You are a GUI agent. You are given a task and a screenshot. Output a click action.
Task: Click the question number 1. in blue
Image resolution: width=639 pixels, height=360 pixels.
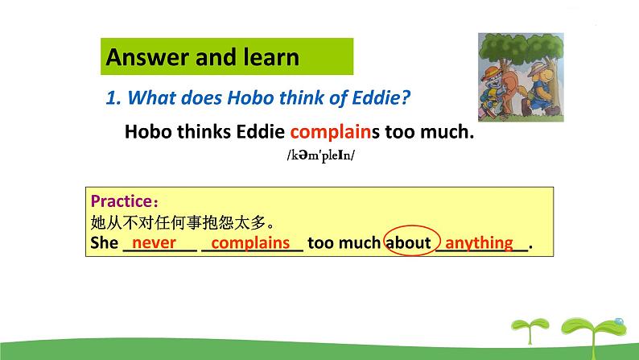coord(113,97)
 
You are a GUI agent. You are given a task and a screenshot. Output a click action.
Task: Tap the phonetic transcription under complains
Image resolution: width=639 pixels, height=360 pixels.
coord(321,155)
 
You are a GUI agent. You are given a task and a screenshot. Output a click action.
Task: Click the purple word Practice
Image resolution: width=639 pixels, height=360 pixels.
coord(121,201)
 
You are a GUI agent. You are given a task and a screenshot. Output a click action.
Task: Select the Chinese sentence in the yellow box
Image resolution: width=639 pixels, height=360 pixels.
coord(183,222)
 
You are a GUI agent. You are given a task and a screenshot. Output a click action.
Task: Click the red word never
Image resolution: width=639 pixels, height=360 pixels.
coord(154,242)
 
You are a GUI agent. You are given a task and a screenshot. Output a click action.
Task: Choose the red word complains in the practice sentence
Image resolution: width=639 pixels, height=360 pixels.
coord(250,242)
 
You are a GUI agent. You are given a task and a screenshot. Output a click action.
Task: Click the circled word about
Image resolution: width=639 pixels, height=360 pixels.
coord(408,243)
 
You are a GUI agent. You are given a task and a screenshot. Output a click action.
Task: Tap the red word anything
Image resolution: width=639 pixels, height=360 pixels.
coord(479,243)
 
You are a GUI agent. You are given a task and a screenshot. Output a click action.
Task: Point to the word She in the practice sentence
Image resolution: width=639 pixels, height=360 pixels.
coord(105,242)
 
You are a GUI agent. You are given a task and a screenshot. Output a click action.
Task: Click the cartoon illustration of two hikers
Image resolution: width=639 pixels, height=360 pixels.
coord(521,77)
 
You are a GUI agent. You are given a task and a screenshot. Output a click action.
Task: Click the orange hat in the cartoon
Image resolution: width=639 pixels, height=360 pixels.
coord(492,72)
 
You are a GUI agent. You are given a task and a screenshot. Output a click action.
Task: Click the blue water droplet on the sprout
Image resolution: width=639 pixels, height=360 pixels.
coord(619,321)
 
